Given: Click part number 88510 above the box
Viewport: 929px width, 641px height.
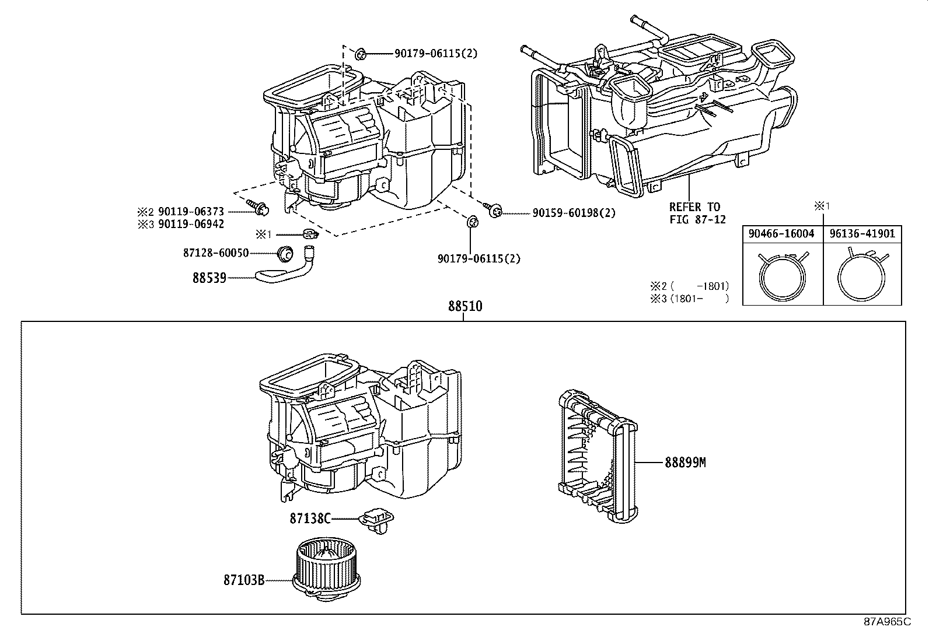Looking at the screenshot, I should point(465,306).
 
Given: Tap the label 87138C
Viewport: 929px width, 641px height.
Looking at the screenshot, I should point(310,518).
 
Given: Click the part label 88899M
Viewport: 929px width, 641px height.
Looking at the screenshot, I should point(685,463).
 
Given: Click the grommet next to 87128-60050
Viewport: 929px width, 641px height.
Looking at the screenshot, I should point(285,253).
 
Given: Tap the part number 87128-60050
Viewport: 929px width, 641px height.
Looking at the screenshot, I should point(216,253).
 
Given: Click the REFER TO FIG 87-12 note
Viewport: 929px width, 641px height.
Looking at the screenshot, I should point(694,212).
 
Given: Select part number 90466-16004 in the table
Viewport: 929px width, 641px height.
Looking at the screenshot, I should point(782,234).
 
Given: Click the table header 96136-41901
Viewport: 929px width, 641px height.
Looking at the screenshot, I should point(862,234).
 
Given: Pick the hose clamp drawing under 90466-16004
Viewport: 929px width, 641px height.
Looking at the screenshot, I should point(782,274).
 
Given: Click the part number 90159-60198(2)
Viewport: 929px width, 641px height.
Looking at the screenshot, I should point(574,213).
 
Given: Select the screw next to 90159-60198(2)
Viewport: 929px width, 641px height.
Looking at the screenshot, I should point(494,210).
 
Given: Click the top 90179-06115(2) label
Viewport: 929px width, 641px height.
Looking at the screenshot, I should point(435,54).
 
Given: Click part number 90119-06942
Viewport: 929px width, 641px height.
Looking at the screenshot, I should point(191,224).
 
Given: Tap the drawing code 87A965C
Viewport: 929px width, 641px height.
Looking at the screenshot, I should point(887,622).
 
